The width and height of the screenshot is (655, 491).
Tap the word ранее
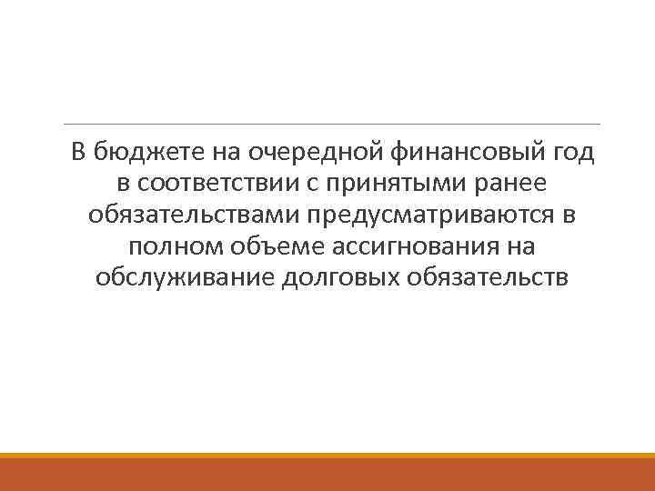[514, 184]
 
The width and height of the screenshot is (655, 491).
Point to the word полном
[170, 245]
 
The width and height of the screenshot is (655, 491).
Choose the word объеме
[262, 245]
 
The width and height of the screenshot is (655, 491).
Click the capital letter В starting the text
[77, 153]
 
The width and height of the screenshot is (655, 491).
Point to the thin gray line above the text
[332, 124]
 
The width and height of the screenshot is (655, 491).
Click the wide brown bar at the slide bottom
[327, 475]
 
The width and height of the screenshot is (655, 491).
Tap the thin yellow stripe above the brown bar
[327, 456]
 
